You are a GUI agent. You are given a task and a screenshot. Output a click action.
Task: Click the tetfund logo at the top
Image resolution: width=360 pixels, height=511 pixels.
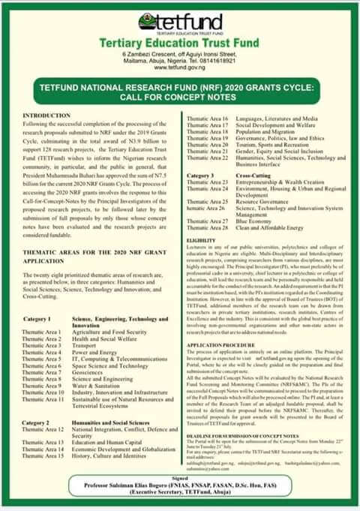(x=179, y=23)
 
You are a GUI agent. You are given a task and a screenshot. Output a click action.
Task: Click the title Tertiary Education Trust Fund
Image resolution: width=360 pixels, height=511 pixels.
(x=180, y=44)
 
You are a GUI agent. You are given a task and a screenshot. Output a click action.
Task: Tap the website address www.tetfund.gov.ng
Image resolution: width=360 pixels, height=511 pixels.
(x=179, y=74)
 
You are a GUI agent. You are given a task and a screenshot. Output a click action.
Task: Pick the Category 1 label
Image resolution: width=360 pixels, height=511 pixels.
(x=37, y=319)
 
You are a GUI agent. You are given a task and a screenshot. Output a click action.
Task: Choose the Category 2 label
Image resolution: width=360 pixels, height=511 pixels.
(x=37, y=423)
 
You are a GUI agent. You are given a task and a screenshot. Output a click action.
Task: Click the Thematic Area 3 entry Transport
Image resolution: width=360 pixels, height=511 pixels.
(x=85, y=346)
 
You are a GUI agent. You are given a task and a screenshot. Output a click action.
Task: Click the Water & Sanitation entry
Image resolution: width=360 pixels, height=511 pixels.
(x=97, y=386)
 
